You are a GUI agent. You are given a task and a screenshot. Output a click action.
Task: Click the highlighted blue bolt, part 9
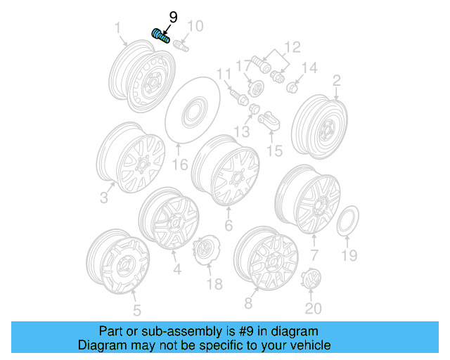(x=160, y=35)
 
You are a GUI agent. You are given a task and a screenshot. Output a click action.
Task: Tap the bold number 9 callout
(x=173, y=17)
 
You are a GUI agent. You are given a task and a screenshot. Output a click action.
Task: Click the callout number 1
(x=117, y=28)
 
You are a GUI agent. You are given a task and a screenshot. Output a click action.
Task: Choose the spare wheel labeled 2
(x=319, y=124)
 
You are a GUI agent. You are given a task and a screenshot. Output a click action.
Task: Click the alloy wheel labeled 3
(x=130, y=159)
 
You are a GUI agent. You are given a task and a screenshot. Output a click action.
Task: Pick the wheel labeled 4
(x=169, y=219)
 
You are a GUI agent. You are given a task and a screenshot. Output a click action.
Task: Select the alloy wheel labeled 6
(x=226, y=171)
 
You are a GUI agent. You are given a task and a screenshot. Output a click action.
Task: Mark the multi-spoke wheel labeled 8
(x=266, y=258)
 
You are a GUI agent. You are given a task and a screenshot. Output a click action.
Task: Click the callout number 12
(x=291, y=48)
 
